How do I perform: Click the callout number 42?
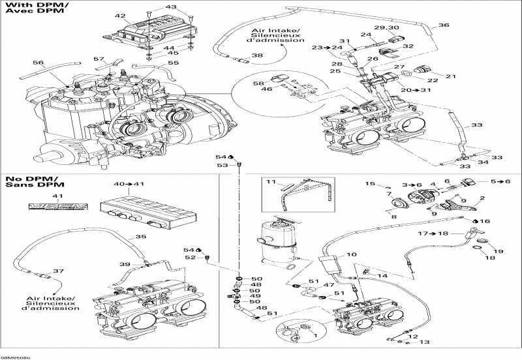(119, 16)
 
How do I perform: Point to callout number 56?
(38, 63)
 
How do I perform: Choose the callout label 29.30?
(386, 28)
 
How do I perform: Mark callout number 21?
(450, 76)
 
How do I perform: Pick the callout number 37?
(57, 271)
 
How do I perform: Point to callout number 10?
(351, 254)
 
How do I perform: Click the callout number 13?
(424, 342)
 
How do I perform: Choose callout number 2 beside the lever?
(483, 198)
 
